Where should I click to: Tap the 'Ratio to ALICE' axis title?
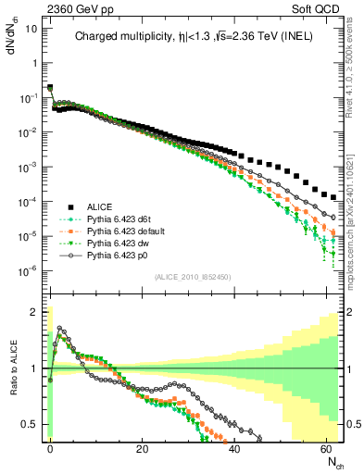tap(13, 368)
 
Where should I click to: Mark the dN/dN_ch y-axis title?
tap(12, 42)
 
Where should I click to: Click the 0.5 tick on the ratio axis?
tap(28, 424)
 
